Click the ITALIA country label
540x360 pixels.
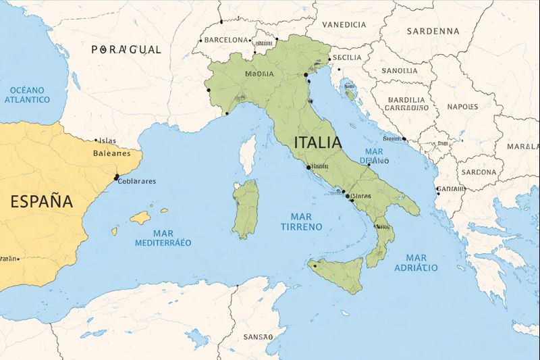click(317, 143)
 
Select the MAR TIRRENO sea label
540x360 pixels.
click(301, 222)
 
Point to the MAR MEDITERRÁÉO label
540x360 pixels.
click(163, 238)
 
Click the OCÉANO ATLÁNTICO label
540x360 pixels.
click(27, 95)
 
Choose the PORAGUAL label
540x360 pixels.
click(126, 49)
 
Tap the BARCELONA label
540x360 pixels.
click(226, 40)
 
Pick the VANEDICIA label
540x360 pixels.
click(344, 24)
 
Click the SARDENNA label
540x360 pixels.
click(433, 31)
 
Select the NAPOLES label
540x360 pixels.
click(462, 107)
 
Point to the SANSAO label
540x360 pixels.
click(259, 336)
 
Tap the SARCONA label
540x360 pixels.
click(479, 172)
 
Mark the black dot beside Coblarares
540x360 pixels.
click(117, 177)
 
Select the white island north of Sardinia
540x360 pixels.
click(248, 152)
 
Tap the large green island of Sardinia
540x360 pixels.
click(246, 208)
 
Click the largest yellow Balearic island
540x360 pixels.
click(140, 217)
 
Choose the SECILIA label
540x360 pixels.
click(347, 57)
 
